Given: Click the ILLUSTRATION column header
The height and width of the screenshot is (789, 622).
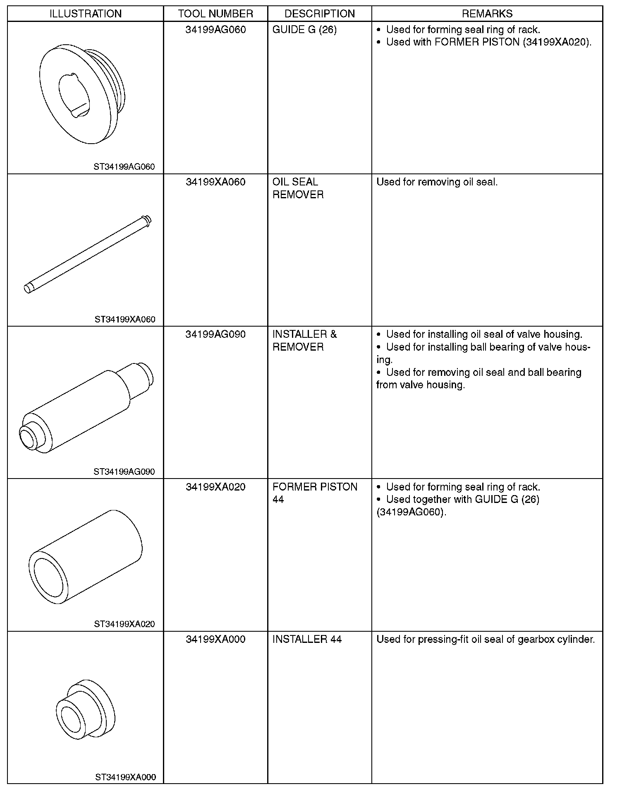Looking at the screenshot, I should pos(86,14).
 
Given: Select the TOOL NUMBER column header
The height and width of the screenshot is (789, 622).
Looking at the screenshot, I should pos(215,14).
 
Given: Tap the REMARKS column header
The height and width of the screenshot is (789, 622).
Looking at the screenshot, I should pos(487,14).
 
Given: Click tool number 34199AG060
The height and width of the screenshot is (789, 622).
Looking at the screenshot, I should pos(215,30).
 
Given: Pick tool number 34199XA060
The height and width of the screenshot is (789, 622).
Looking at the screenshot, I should pos(215,182).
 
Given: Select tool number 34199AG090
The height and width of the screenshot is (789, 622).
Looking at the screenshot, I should pos(215,334).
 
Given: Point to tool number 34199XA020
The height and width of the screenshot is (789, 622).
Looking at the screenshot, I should pos(215,487).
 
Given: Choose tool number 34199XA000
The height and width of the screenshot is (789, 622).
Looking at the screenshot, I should pos(215,639).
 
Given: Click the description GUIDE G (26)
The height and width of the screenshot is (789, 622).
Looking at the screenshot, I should pos(304,30).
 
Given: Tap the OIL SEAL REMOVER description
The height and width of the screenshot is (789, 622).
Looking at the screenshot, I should pos(298,188).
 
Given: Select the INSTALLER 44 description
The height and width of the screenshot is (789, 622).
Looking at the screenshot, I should pos(307,639).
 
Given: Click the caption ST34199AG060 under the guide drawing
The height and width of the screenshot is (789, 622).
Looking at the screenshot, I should pos(124,167).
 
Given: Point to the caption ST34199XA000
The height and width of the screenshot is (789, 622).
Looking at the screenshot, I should pos(125,777).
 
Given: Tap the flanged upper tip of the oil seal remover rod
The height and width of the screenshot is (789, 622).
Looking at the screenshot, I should pos(146,221).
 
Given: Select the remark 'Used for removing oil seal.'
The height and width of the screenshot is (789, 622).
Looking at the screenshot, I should pos(437,182).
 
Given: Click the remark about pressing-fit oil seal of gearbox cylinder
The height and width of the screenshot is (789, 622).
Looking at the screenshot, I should pos(486,639).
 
